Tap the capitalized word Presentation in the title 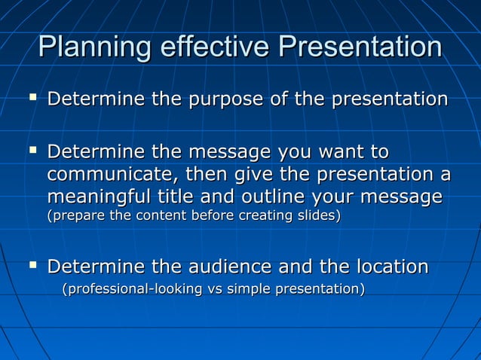tap(360, 47)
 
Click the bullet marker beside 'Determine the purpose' tap(32, 98)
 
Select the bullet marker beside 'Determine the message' tap(32, 151)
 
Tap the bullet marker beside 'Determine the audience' tap(32, 265)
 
